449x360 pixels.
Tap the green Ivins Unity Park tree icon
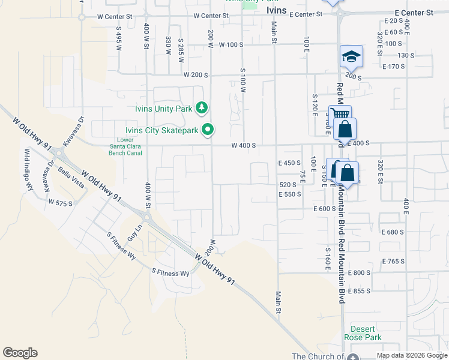coord(202,108)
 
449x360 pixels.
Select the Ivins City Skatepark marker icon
coord(208,129)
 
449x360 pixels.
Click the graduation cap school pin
coord(351,57)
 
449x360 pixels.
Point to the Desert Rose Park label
coord(363,333)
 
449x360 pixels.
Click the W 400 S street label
coord(244,145)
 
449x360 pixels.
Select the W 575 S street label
coord(61,203)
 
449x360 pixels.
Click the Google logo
coord(20,353)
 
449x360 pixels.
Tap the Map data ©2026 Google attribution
coord(412,355)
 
